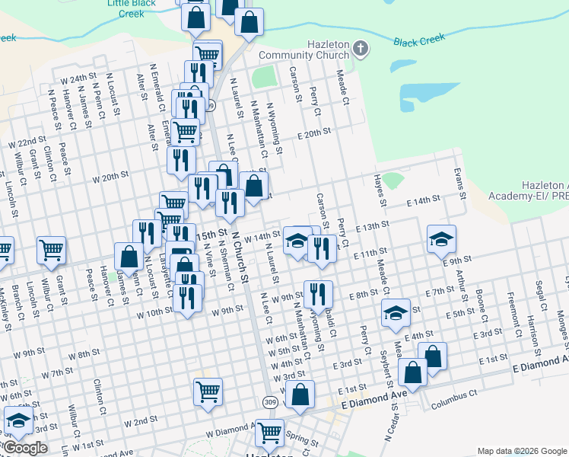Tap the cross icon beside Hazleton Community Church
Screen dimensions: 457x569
pos(361,50)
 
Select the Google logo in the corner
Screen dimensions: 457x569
pos(25,448)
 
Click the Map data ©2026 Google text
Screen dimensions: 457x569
pos(521,451)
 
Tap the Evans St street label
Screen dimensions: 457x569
pos(459,183)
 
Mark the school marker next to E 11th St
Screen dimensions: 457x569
pos(441,240)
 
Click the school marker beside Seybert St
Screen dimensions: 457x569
pos(396,313)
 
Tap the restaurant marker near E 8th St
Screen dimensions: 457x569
pos(318,294)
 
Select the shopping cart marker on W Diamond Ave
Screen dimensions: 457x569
pos(269,433)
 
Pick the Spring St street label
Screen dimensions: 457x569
pos(302,439)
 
